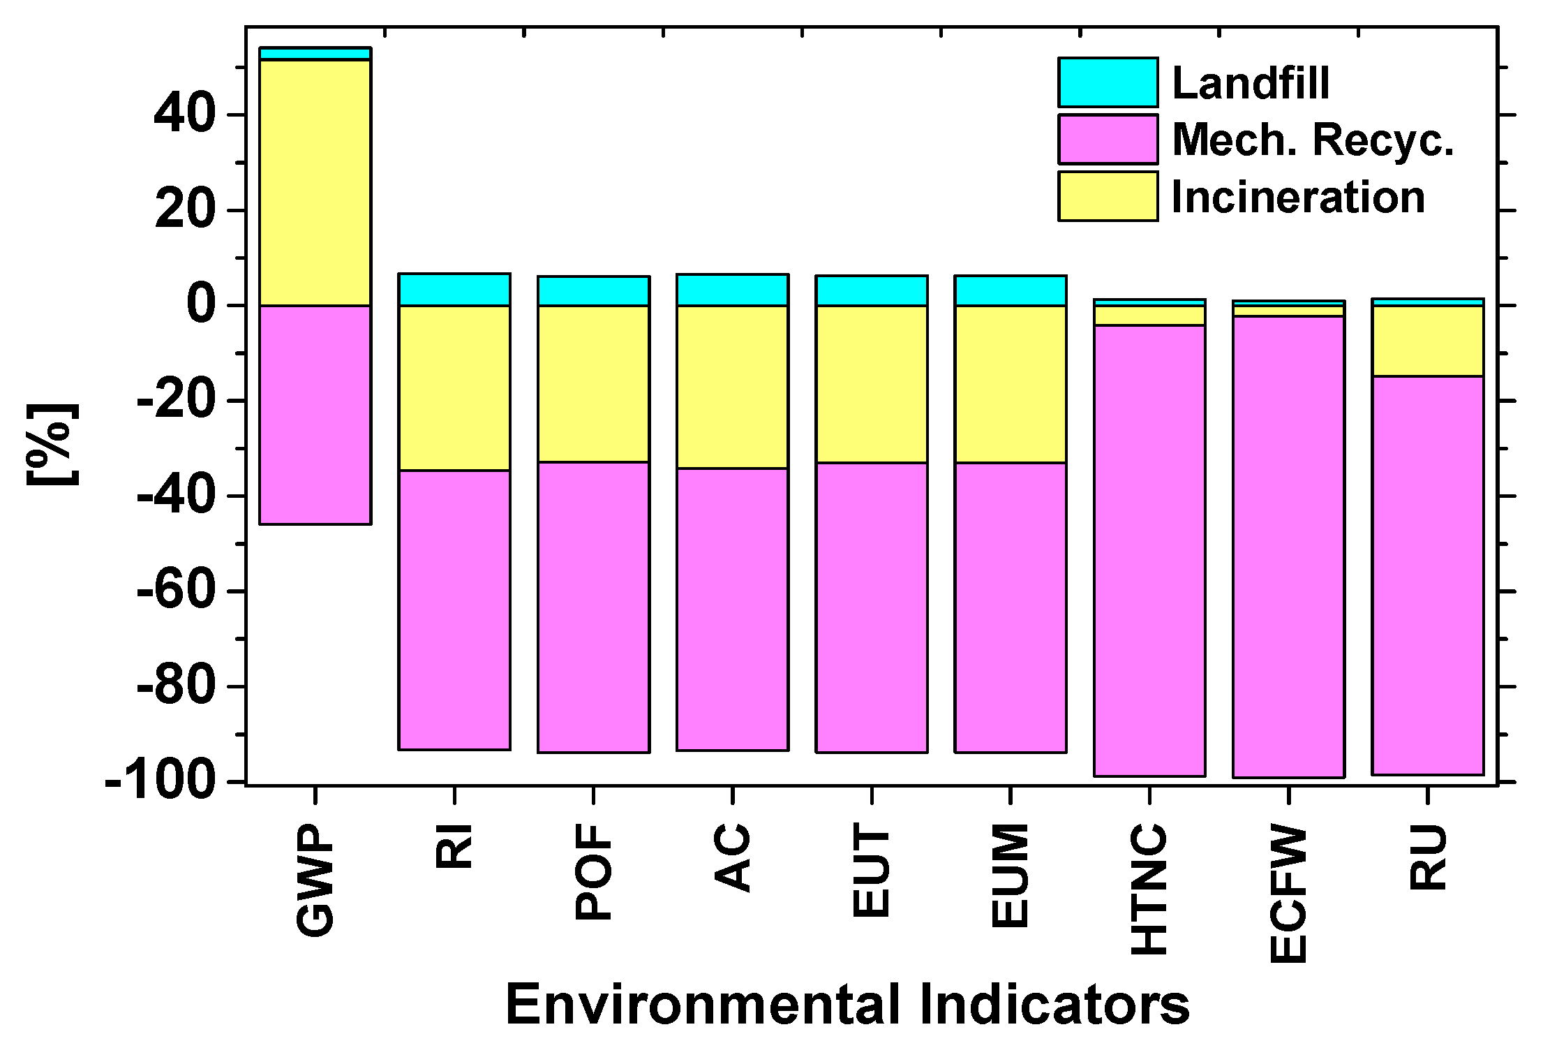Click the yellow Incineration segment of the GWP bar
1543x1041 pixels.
pos(315,183)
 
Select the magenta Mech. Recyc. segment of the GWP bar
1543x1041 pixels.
pos(315,415)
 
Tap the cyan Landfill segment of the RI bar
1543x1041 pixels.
pos(454,290)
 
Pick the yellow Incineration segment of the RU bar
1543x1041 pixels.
pos(1427,341)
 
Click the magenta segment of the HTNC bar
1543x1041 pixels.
pos(1149,550)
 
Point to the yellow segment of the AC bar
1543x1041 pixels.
pos(732,387)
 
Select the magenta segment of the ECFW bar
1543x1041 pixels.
pos(1288,547)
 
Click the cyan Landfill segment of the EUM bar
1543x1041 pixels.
pos(1011,291)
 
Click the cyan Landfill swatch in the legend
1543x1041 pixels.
pos(1108,82)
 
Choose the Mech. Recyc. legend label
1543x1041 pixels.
pos(1313,140)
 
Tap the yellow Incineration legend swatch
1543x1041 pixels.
pos(1108,196)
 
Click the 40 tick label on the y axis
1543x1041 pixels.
pos(184,115)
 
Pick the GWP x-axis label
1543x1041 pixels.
pos(315,880)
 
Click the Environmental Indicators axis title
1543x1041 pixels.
pos(847,1003)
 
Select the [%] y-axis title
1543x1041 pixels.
pos(53,444)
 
